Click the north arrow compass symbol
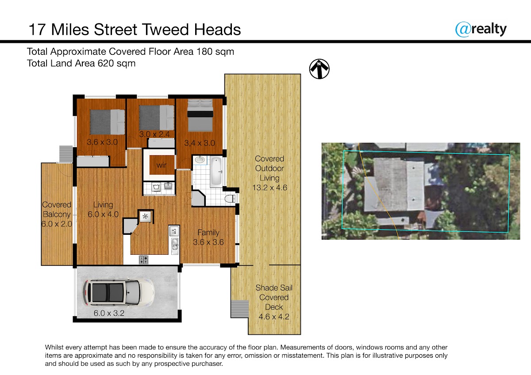(319, 69)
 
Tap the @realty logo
(481, 29)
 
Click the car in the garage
(119, 293)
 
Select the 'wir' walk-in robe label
(162, 165)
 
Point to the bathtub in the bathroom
(216, 171)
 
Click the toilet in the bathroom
(230, 199)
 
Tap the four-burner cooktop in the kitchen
(144, 260)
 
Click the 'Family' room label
(208, 233)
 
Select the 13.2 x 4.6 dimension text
(269, 187)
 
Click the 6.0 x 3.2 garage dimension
(109, 313)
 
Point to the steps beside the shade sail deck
(240, 309)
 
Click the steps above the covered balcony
(65, 154)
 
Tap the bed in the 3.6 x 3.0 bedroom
(108, 122)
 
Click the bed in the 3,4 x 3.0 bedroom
(200, 115)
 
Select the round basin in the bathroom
(200, 160)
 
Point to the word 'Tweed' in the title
(165, 29)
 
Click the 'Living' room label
(103, 205)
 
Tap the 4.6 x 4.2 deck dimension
(274, 317)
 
